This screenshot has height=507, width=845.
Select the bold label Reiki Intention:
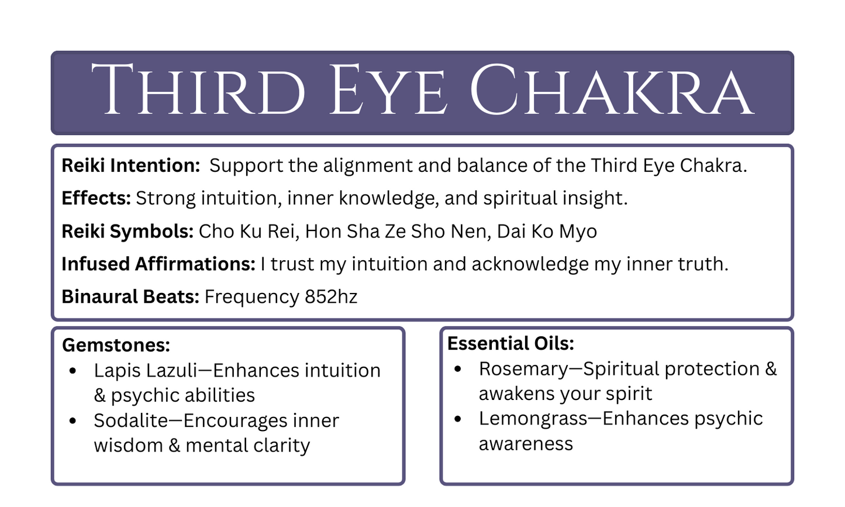click(131, 165)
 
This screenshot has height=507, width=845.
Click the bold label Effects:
click(96, 198)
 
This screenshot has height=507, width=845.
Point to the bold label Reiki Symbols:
click(127, 231)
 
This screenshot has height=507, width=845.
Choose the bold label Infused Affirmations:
click(158, 264)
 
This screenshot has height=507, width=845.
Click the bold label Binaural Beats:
click(130, 296)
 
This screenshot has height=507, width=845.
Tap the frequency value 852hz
click(331, 296)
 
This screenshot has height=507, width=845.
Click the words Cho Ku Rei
click(249, 231)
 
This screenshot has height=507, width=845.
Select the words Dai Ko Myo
click(547, 231)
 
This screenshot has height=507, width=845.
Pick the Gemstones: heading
click(116, 345)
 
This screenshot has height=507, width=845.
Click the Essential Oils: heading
click(511, 343)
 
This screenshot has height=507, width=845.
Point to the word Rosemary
click(523, 368)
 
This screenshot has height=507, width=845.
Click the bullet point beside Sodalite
click(73, 420)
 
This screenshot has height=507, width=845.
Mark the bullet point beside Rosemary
click(458, 368)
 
